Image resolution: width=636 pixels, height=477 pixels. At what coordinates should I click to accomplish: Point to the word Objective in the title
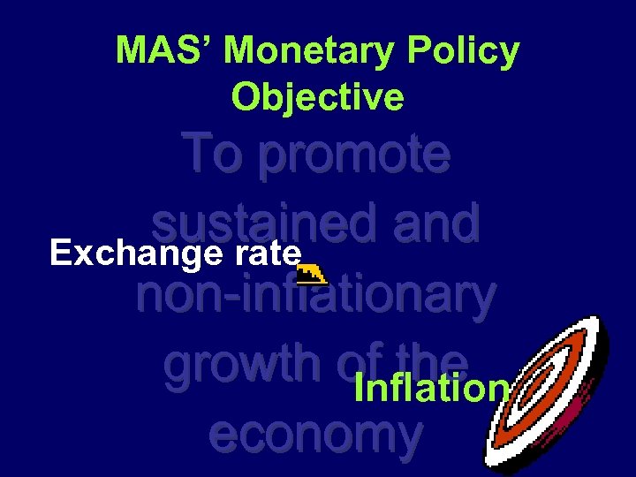(318, 96)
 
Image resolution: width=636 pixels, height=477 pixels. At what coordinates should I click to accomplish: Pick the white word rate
(268, 254)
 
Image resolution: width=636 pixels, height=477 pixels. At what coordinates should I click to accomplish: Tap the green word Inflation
(431, 388)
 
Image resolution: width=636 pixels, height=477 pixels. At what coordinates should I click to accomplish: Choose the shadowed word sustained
(255, 223)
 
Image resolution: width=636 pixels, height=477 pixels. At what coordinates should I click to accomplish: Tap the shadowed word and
(430, 223)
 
